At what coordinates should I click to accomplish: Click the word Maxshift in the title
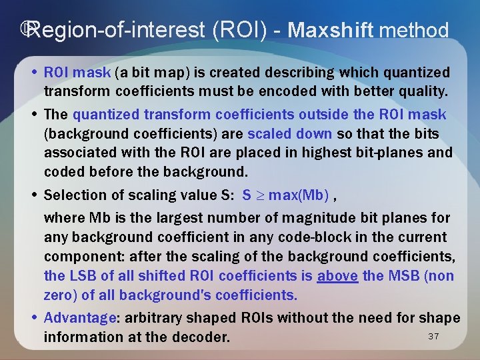click(x=331, y=30)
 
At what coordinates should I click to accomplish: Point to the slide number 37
click(x=433, y=336)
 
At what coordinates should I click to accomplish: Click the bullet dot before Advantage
click(x=35, y=318)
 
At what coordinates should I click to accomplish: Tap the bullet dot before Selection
click(x=35, y=195)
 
